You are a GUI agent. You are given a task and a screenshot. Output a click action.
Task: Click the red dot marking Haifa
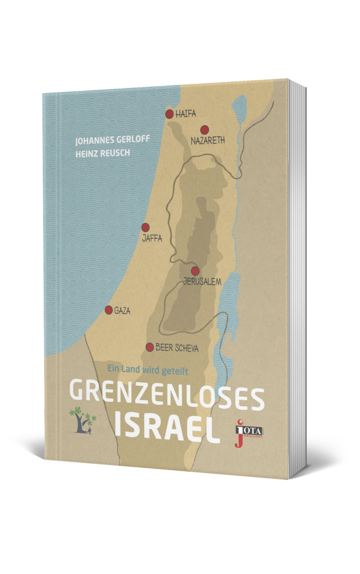(169, 114)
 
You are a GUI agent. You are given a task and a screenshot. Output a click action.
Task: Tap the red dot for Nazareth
(204, 130)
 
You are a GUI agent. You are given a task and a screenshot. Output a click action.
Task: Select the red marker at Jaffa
(146, 227)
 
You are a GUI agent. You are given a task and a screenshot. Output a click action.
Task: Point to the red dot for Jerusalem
(195, 270)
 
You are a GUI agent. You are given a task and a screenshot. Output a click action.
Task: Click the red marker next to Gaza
(109, 310)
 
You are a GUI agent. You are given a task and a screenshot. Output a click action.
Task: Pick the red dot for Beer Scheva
(150, 347)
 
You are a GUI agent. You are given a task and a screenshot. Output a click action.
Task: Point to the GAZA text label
(123, 311)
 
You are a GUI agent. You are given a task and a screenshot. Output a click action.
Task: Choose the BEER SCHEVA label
(177, 347)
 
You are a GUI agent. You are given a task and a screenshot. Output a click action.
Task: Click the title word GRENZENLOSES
(167, 393)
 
